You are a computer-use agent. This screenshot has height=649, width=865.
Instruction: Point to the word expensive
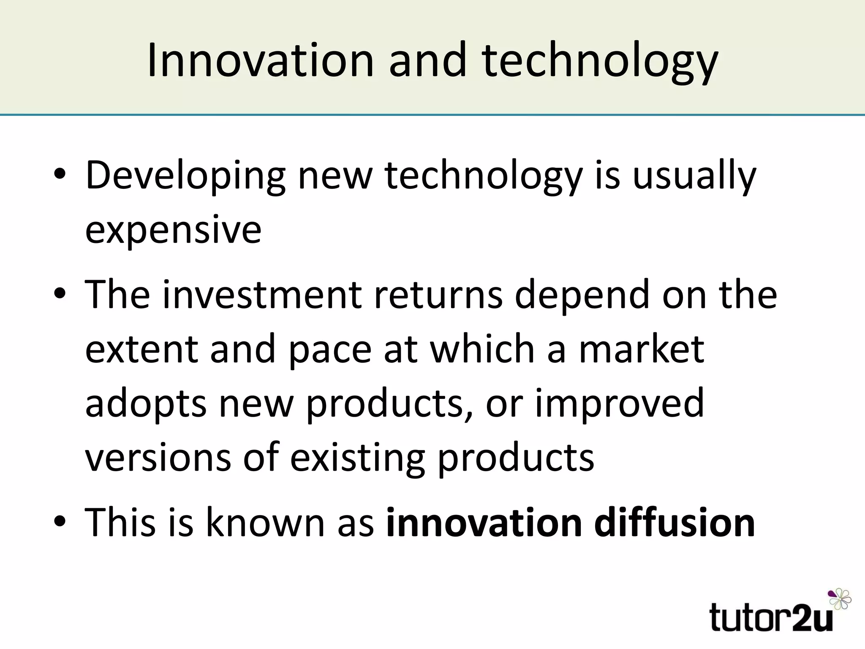coord(173,230)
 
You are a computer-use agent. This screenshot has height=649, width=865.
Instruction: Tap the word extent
coord(141,349)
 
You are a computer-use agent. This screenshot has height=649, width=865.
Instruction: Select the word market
coord(642,349)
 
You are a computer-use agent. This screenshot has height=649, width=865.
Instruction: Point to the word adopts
coord(146,404)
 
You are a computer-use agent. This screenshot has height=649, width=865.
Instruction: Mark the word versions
coord(158,458)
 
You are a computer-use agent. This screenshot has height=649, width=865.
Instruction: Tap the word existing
coord(357,458)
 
